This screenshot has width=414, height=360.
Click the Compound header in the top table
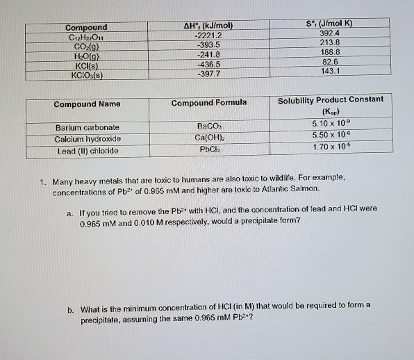pyautogui.click(x=86, y=28)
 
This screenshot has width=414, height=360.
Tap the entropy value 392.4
pyautogui.click(x=330, y=33)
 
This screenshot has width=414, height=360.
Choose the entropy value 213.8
pyautogui.click(x=330, y=42)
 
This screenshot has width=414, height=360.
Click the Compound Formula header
pyautogui.click(x=208, y=103)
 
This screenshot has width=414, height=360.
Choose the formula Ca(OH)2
pyautogui.click(x=208, y=138)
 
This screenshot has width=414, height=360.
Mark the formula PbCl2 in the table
pyautogui.click(x=209, y=149)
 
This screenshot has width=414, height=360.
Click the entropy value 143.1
pyautogui.click(x=330, y=70)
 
